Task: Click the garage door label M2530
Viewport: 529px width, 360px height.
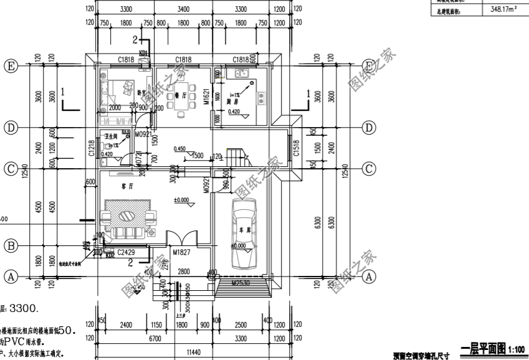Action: pos(241,283)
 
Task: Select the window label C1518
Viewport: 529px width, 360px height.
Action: pos(297,148)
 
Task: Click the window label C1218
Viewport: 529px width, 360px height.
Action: pos(92,148)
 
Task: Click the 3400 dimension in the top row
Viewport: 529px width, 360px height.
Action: pos(183,9)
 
